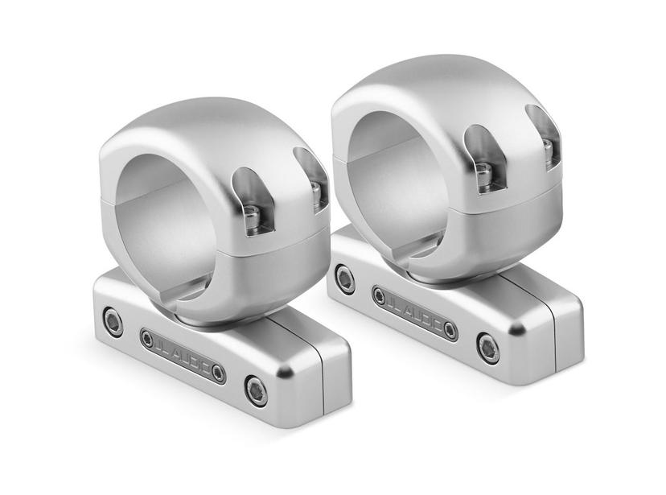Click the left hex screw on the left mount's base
coord(114,323)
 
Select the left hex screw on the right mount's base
coord(346,278)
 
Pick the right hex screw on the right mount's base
coord(487,348)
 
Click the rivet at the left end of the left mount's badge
coord(148,338)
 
